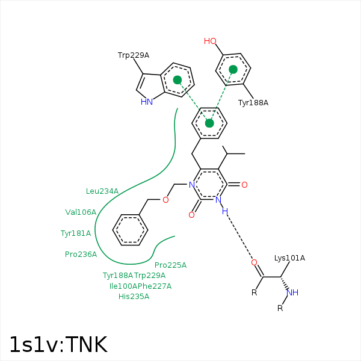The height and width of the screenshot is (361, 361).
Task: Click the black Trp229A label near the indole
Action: [x=133, y=55]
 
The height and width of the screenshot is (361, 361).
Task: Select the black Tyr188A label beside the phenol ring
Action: [x=253, y=103]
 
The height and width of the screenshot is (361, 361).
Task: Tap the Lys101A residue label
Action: [x=289, y=258]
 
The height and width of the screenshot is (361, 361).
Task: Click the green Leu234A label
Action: [x=102, y=191]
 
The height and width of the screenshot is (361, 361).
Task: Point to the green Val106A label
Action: [x=81, y=212]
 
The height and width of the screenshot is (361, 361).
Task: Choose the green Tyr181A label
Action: [x=76, y=233]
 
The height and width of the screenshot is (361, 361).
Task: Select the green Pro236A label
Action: [x=81, y=254]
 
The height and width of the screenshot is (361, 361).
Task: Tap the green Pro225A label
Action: [x=170, y=265]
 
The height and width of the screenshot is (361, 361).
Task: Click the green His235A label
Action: [x=134, y=296]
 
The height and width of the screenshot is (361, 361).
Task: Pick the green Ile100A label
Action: [x=125, y=286]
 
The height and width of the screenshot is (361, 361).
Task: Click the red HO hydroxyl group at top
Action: [x=210, y=42]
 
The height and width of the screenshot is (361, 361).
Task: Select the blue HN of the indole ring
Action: [x=146, y=102]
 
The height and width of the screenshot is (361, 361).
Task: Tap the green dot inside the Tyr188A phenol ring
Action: [x=233, y=70]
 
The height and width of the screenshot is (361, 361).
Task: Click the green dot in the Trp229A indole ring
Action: [x=177, y=79]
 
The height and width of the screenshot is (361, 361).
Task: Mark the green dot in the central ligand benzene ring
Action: [x=209, y=123]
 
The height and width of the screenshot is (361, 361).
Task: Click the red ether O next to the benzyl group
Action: [x=166, y=199]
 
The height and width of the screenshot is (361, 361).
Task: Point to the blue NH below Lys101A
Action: [x=292, y=293]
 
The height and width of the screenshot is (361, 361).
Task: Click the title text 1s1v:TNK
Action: [x=58, y=344]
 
